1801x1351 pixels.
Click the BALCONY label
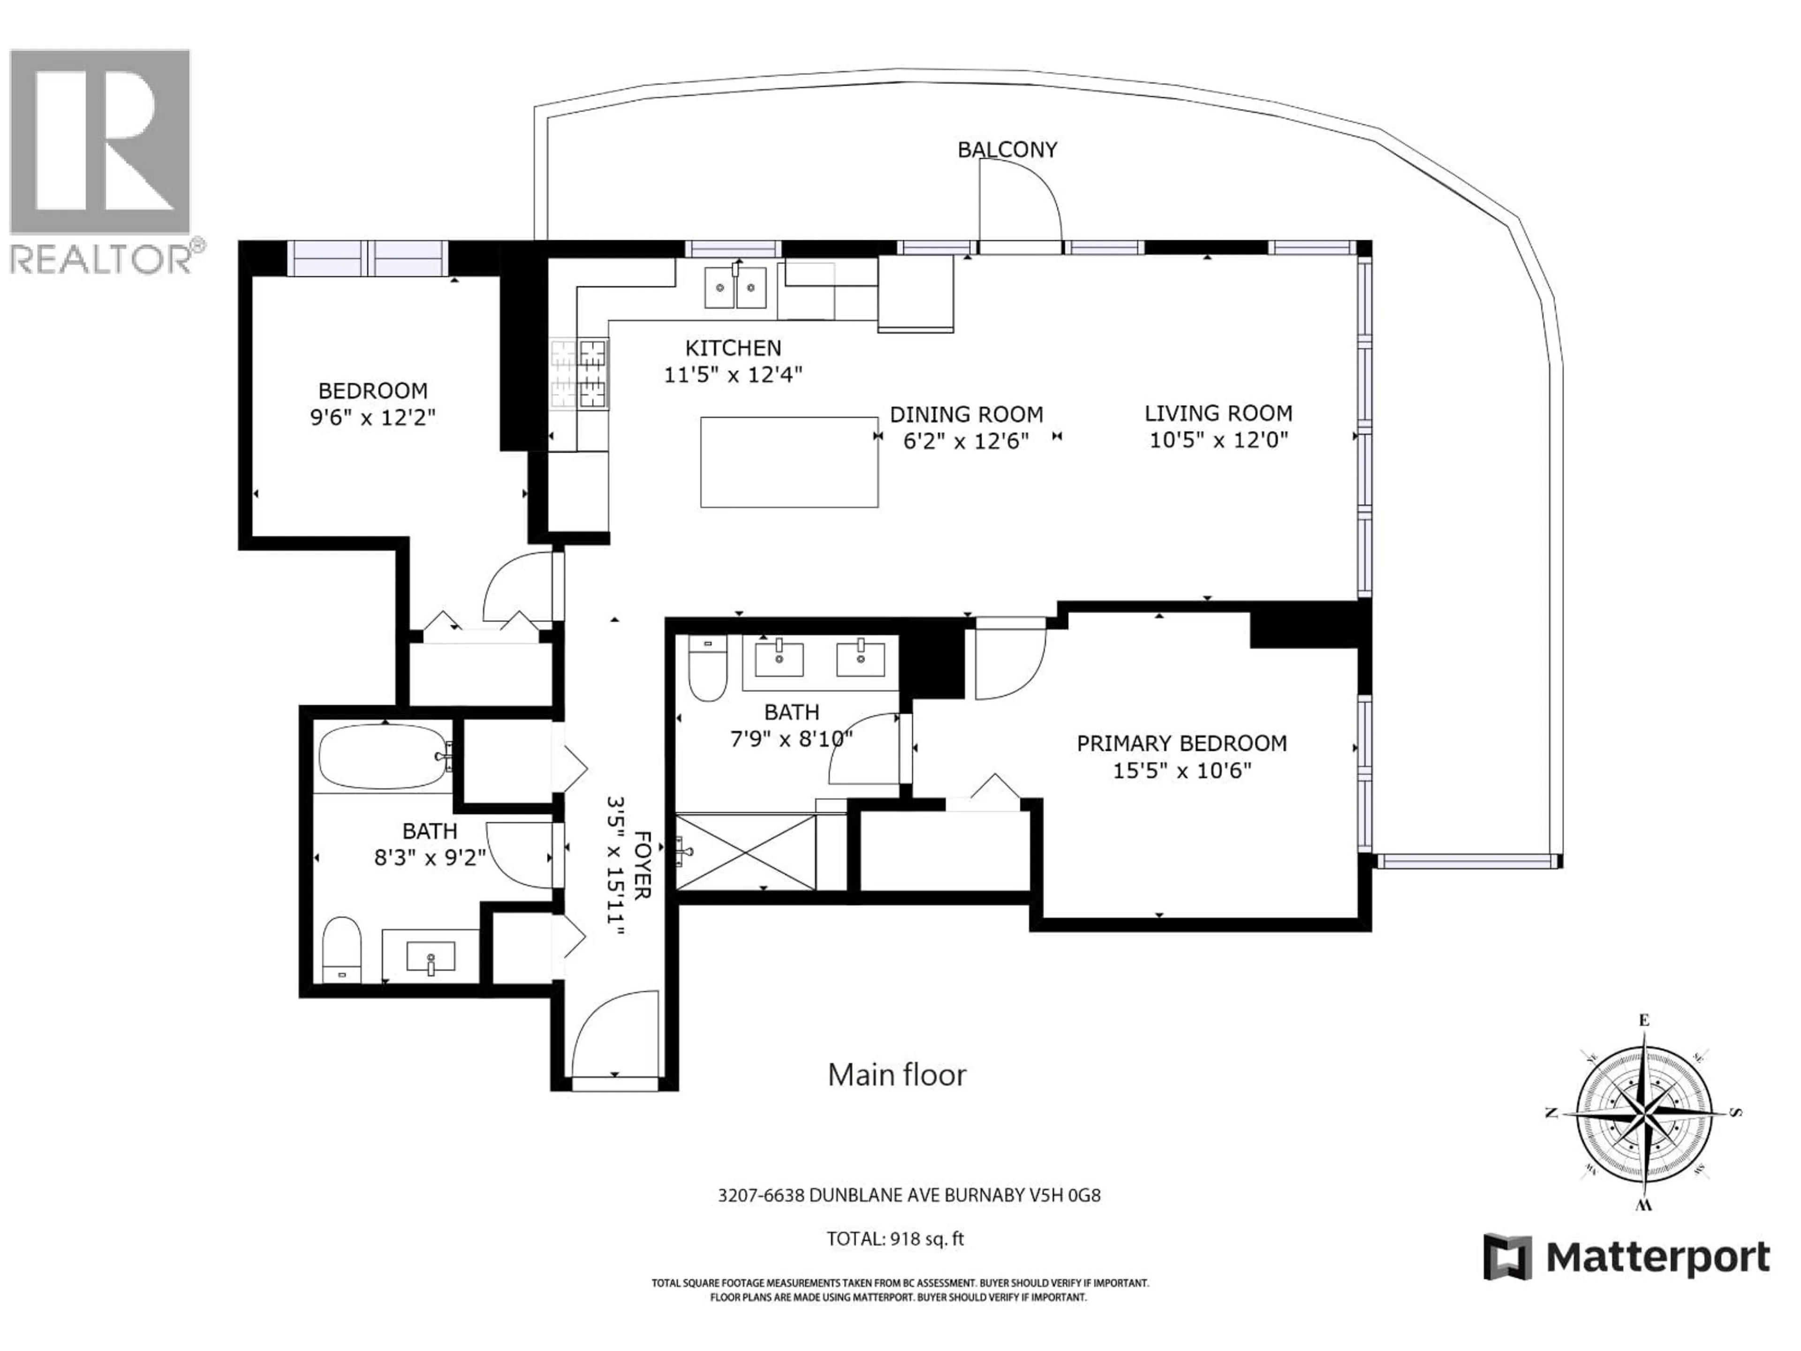1006,150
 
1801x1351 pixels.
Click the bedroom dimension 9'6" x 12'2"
373,418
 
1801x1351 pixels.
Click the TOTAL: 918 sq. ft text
895,1238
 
